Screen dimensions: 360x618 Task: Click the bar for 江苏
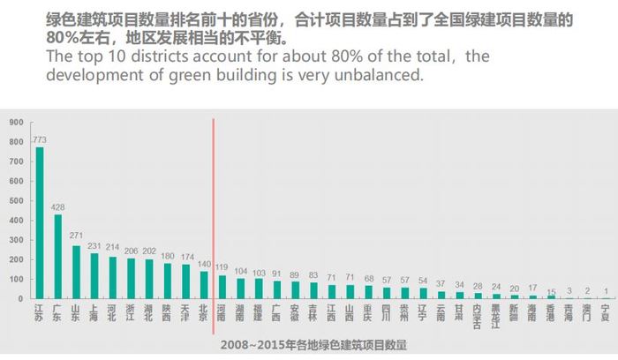point(39,222)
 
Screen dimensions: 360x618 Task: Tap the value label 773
point(39,139)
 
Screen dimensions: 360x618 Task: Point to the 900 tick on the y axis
point(17,122)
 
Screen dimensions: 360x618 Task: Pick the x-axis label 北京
point(204,313)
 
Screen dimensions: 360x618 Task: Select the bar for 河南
point(222,287)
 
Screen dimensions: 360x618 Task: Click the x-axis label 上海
point(94,313)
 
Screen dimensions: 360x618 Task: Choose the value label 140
point(204,264)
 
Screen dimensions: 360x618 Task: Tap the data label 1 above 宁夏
point(606,290)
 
